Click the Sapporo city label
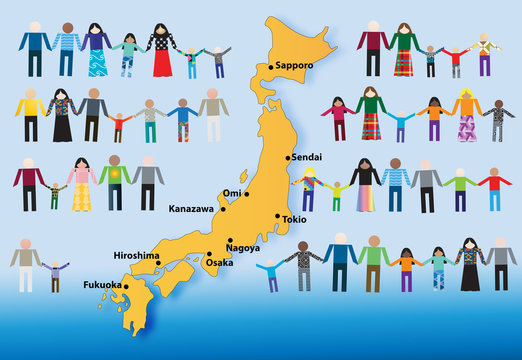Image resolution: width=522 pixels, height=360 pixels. pos(294,65)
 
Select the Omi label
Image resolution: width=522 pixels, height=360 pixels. pos(231,193)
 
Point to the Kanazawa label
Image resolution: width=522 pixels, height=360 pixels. pos(191,209)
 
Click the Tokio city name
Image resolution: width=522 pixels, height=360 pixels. pos(294,218)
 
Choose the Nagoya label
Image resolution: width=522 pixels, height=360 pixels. pos(244,247)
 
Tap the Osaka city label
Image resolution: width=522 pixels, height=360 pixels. pos(220,262)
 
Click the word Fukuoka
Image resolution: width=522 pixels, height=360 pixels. pos(104,285)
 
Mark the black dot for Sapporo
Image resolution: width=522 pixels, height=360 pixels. pos(269,67)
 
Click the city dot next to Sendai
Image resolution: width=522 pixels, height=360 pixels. pos(288,158)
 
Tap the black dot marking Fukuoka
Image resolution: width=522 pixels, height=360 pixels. pos(126,286)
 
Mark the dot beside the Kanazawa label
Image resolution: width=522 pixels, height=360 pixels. pos(223,209)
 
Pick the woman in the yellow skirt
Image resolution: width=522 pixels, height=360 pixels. pos(82,184)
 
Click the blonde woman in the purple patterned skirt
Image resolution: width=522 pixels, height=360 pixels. pos(467,117)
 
